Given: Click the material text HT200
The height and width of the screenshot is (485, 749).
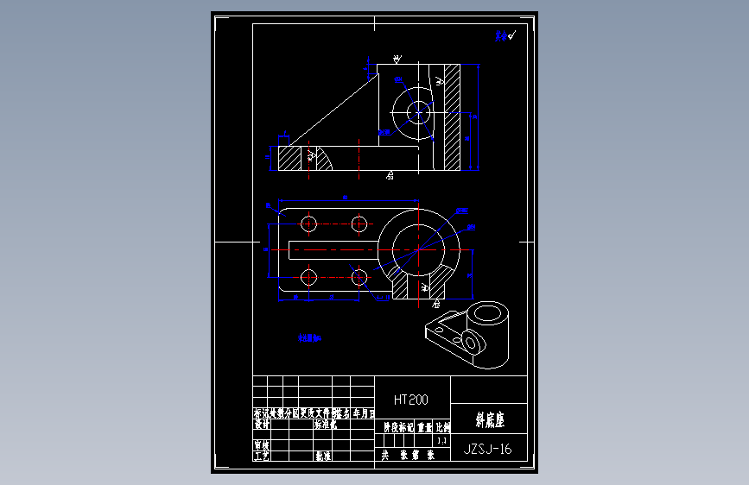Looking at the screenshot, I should (411, 400).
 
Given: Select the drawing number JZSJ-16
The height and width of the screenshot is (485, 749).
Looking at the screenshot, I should (488, 449).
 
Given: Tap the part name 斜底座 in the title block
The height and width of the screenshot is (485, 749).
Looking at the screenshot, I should (489, 421).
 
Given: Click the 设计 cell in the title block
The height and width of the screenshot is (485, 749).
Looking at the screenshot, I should (262, 425).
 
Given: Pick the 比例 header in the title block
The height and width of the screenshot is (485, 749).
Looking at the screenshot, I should (442, 426).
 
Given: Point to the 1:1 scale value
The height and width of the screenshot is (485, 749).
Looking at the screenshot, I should (442, 440).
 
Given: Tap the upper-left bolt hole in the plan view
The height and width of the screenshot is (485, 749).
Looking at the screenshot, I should (308, 224).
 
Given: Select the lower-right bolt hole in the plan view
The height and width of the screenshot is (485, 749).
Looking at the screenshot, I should (359, 277).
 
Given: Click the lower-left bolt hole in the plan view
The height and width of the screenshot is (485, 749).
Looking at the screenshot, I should (308, 277).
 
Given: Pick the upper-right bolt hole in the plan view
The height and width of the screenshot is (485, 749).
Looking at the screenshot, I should (359, 224).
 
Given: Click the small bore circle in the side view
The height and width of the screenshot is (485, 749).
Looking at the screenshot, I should (419, 112).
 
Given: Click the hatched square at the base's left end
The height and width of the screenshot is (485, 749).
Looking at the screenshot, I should (289, 159).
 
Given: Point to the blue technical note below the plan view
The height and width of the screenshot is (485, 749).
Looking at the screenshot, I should (308, 339).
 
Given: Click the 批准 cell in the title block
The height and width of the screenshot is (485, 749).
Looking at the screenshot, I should (323, 456).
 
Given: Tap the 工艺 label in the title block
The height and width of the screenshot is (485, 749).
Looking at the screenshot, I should (262, 456).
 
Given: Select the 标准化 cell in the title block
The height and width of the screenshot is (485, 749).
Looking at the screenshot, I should (326, 425).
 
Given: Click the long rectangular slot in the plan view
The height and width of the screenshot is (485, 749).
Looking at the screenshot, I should (333, 250).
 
